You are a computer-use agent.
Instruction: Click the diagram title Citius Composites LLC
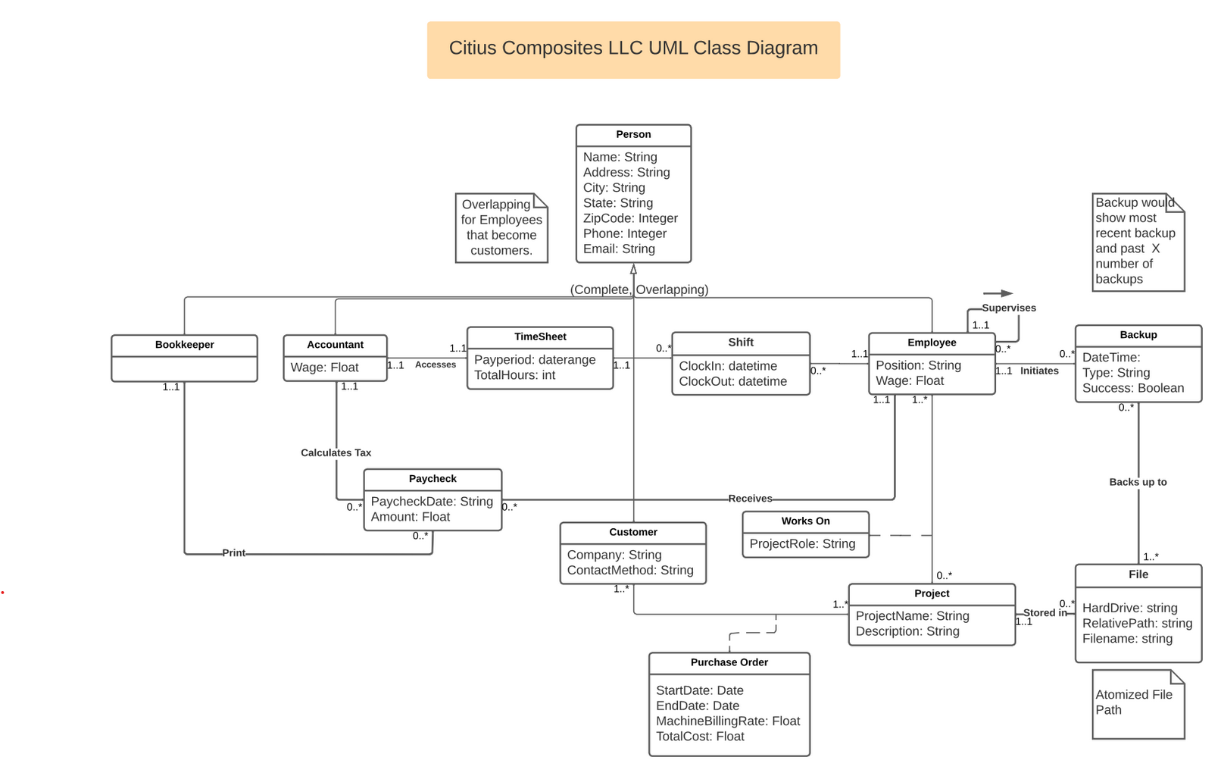(633, 48)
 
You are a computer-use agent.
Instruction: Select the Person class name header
(633, 135)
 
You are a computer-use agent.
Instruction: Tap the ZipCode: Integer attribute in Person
(630, 218)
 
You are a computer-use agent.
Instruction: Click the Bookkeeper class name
(184, 345)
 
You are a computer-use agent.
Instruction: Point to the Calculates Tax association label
(336, 453)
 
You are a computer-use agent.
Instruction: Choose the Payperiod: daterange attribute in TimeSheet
(535, 360)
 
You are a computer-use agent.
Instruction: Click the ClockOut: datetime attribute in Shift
(732, 382)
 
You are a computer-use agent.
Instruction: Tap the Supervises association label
(1009, 308)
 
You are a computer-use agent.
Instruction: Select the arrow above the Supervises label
(998, 293)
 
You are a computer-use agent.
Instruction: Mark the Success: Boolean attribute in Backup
(1132, 389)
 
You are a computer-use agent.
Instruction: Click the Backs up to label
(1138, 482)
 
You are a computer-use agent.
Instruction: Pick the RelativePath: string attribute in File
(1137, 624)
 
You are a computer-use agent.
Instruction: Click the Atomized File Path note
(1134, 702)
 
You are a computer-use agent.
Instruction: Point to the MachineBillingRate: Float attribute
(728, 721)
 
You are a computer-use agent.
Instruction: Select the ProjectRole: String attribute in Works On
(802, 544)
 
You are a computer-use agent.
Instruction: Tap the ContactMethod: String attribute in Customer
(630, 571)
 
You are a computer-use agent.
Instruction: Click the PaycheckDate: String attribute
(432, 502)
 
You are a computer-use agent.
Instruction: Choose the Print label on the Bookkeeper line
(234, 553)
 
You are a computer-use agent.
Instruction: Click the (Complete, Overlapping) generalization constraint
(639, 289)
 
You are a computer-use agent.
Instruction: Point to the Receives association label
(750, 499)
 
